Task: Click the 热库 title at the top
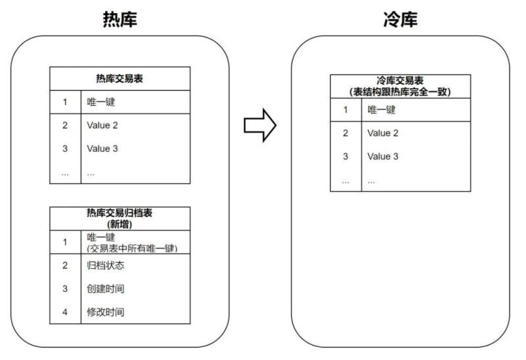(x=120, y=19)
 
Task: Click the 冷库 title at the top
(x=400, y=19)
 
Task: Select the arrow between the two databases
(x=260, y=125)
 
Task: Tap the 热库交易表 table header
(x=120, y=78)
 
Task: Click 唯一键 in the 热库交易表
(x=101, y=102)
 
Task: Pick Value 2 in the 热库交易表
(x=103, y=125)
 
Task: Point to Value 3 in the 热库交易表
(x=103, y=148)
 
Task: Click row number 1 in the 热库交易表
(x=65, y=102)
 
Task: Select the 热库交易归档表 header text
(x=120, y=213)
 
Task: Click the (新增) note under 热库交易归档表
(x=120, y=224)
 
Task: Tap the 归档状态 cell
(x=106, y=265)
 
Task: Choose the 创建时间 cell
(x=106, y=288)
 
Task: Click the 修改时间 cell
(x=106, y=312)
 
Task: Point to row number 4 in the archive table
(x=65, y=312)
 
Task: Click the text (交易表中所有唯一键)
(x=132, y=248)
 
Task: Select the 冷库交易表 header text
(x=400, y=80)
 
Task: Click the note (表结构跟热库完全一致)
(x=400, y=91)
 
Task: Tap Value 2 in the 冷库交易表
(x=383, y=133)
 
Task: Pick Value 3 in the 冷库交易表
(x=383, y=156)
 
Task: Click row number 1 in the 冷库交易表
(x=346, y=110)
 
